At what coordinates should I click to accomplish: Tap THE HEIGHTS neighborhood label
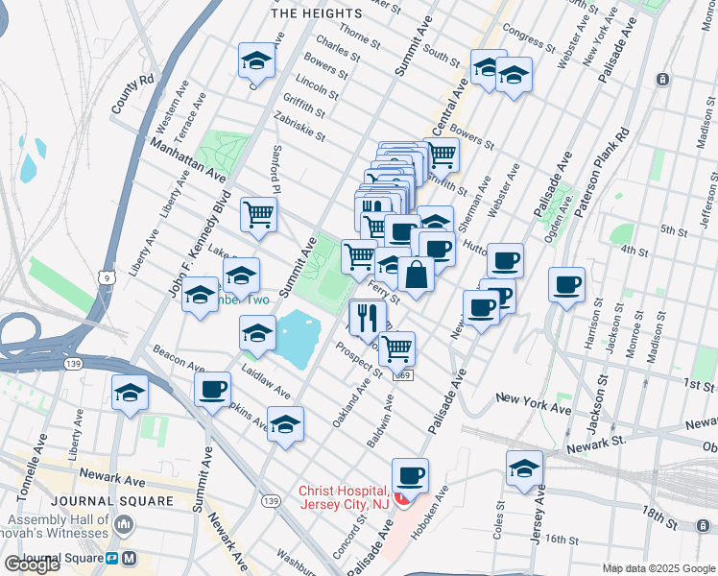(317, 13)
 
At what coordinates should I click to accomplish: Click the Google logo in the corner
(32, 564)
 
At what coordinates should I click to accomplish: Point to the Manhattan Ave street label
(188, 160)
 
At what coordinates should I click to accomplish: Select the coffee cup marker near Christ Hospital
(410, 475)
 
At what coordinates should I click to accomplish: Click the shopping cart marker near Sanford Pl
(259, 215)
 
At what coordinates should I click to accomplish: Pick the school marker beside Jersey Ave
(524, 468)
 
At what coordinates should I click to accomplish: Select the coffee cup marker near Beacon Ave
(213, 390)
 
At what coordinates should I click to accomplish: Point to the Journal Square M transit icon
(130, 559)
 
